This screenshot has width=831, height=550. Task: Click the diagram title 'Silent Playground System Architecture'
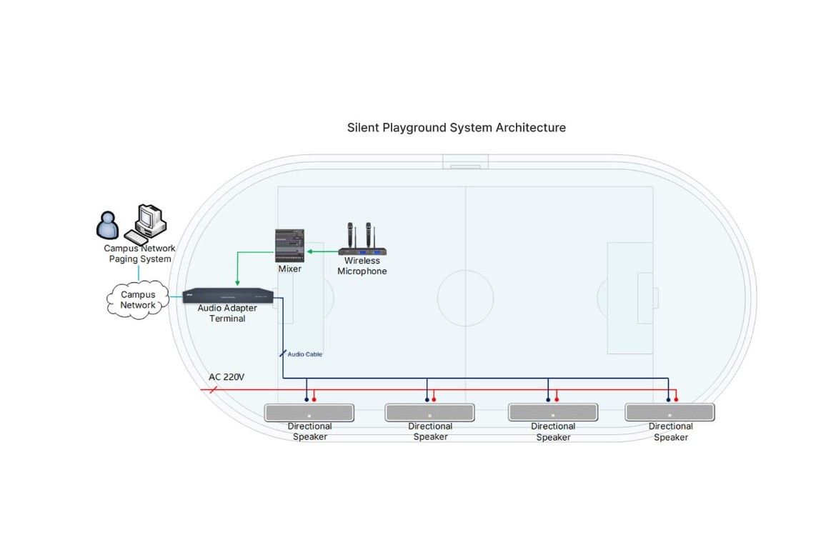tap(456, 128)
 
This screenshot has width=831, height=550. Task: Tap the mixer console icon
tap(290, 246)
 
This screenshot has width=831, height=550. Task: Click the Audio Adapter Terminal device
tap(227, 295)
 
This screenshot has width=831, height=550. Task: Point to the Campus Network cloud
tap(138, 300)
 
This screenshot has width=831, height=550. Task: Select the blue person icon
tap(108, 225)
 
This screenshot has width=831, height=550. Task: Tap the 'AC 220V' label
tap(227, 377)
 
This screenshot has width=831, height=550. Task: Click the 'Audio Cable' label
tap(304, 354)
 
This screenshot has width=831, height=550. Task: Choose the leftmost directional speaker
tap(309, 413)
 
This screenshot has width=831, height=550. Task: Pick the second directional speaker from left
tap(429, 413)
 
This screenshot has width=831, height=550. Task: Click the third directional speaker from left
tap(553, 413)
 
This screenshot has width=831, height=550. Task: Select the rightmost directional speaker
tap(670, 413)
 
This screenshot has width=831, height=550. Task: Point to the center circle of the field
tap(465, 298)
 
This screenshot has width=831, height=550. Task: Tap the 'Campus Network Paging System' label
tap(140, 254)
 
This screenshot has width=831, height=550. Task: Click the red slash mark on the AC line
tap(212, 390)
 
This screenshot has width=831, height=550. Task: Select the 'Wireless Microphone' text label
tap(362, 266)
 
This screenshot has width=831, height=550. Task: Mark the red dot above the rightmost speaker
tap(676, 400)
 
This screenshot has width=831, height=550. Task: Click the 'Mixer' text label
tap(290, 269)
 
